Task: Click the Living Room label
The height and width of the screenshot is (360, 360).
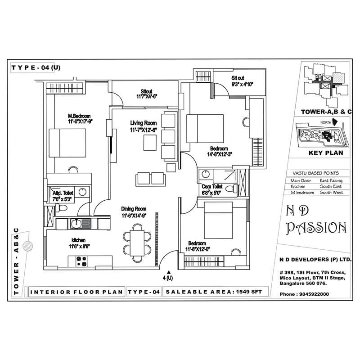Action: pos(144,123)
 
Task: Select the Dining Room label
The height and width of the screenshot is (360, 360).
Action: pos(134,209)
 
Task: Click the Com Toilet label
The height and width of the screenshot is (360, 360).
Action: pos(212,186)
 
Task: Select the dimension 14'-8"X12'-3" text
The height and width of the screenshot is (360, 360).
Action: pos(219,154)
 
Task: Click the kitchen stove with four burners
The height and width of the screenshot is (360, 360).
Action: pos(81,259)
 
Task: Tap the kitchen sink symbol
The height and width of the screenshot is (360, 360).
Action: pos(81,223)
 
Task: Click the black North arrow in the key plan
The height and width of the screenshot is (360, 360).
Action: pos(333,122)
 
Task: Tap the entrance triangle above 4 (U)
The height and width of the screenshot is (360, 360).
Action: pos(169,272)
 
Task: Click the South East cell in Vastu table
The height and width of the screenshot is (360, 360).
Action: pos(331,186)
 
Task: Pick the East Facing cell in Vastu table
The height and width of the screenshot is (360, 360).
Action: pos(331,180)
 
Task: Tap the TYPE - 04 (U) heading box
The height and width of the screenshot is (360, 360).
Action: pos(36,68)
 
